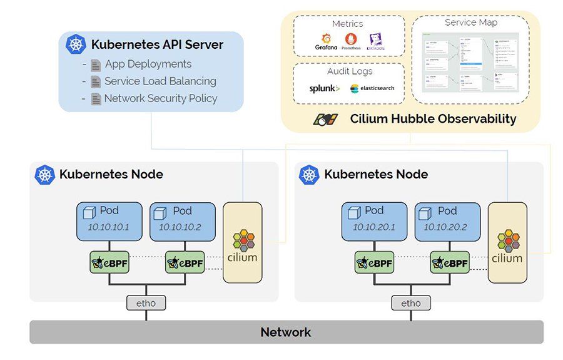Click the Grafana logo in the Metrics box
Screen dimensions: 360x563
326,42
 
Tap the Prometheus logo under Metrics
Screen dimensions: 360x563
351,42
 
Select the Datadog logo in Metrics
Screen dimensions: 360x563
375,42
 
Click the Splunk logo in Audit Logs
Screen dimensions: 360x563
325,88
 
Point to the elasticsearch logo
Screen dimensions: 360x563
373,88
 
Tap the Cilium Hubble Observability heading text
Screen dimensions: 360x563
433,119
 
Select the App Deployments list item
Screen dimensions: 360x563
148,64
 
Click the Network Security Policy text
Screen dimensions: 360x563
161,98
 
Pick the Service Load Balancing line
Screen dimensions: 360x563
160,81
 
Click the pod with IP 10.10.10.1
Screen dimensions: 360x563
109,221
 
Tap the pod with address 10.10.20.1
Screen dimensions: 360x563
373,221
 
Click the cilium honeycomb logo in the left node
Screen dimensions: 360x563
244,241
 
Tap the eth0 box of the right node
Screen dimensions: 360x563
411,303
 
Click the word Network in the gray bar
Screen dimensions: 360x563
286,332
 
